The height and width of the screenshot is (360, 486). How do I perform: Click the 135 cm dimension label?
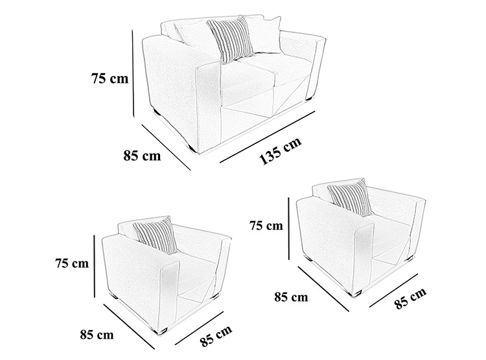point(280,150)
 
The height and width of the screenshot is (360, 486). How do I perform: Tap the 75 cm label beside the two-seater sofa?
point(110,78)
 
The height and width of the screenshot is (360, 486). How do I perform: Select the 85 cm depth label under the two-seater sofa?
point(143,155)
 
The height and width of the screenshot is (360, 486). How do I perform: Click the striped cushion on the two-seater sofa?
point(230,38)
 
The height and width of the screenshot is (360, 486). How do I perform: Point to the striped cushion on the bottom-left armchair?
point(156,235)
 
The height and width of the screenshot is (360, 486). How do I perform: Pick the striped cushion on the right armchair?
point(350,197)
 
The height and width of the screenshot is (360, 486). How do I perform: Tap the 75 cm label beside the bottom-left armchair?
point(72,263)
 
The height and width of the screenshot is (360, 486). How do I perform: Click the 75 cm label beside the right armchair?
point(266,226)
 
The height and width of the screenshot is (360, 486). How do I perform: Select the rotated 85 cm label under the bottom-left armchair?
point(216,336)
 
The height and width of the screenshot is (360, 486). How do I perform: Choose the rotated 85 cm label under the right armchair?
point(411,298)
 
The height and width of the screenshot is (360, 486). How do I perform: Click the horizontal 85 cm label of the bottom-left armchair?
point(97,335)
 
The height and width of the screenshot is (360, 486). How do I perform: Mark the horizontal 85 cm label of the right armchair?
point(291,297)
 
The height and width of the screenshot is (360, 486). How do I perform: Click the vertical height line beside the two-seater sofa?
point(133,73)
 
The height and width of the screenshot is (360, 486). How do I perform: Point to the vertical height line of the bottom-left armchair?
point(94,266)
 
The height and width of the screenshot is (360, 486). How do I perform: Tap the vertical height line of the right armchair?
point(288,228)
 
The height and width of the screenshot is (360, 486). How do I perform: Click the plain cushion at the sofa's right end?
point(265,34)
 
